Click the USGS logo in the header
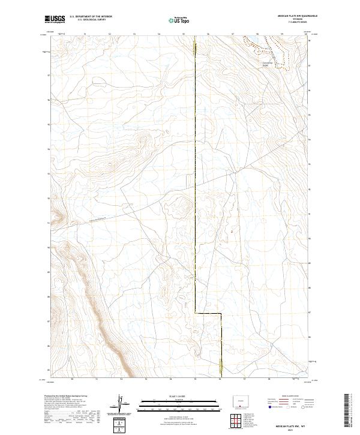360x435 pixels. pos(55,19)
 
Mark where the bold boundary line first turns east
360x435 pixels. pos(196,313)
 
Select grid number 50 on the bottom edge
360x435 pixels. pos(72,379)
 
